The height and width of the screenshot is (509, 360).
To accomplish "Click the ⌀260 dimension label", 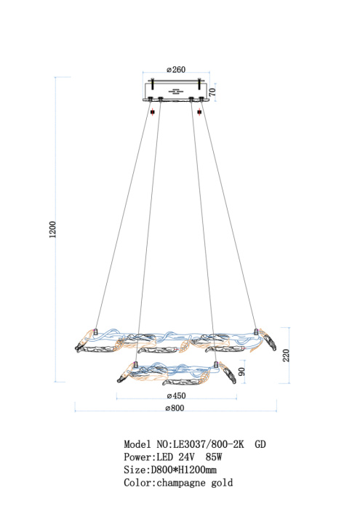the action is [176, 70].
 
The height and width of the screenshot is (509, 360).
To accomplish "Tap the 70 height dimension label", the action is [212, 92].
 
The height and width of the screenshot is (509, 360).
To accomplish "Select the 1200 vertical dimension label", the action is [52, 230].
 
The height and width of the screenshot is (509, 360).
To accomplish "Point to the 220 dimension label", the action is [286, 356].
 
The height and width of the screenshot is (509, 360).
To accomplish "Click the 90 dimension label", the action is [242, 372].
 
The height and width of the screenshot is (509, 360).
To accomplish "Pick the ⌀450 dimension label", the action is [177, 396].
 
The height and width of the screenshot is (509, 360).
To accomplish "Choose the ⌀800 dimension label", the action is [175, 408].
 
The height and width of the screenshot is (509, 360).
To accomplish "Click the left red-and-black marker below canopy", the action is [153, 112].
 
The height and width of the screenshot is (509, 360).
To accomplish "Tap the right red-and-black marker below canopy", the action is [199, 112].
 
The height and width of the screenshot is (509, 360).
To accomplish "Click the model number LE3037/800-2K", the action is [209, 444].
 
